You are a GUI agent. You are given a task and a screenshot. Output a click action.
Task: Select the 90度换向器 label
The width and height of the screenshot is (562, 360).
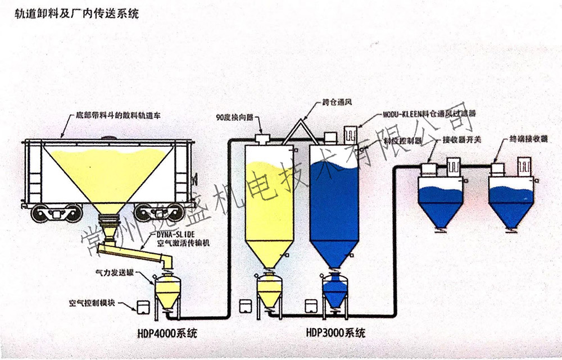click(235, 119)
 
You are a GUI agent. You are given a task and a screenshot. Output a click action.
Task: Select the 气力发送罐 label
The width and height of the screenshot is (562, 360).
click(115, 272)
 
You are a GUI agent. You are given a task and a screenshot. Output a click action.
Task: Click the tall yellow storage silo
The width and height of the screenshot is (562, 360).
click(269, 208)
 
